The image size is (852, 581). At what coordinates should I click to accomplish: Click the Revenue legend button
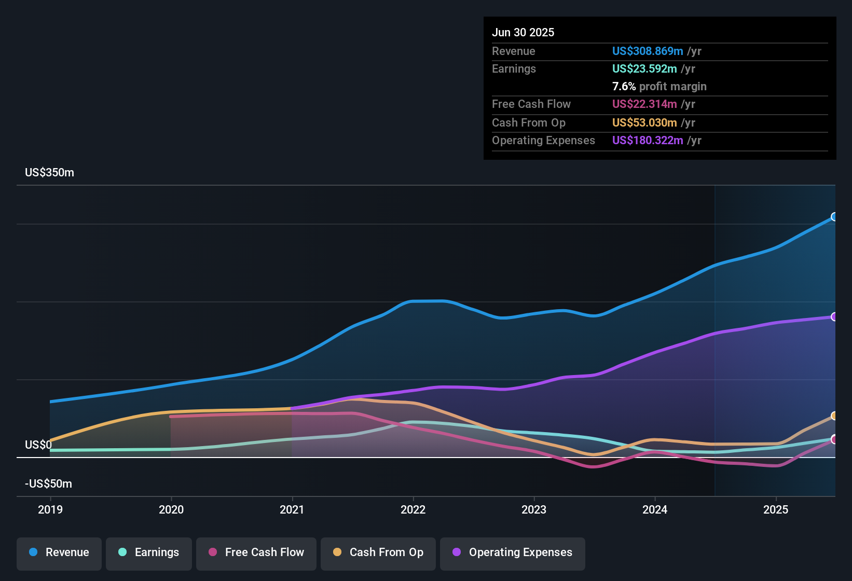(x=59, y=552)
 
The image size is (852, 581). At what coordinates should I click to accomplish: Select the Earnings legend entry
(x=149, y=552)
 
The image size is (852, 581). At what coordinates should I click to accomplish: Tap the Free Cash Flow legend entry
(x=256, y=552)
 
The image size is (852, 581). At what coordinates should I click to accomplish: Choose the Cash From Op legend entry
(x=378, y=552)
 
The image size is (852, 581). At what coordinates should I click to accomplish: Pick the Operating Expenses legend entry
(x=513, y=552)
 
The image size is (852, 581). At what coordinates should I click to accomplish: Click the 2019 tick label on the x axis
(x=50, y=509)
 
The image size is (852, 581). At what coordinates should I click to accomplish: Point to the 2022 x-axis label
(x=413, y=509)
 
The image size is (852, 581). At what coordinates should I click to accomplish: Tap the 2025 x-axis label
(x=776, y=509)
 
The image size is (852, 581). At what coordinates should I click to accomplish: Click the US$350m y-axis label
(x=49, y=173)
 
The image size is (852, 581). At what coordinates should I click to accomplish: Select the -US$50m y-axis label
(x=48, y=484)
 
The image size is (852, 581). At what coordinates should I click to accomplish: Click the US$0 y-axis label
(x=38, y=445)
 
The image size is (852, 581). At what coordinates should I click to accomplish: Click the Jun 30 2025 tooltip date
(x=523, y=33)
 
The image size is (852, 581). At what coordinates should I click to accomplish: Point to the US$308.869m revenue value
(x=647, y=51)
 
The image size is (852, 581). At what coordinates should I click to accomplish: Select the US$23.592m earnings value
(x=644, y=69)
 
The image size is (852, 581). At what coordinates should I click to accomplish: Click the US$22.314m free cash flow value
(x=644, y=104)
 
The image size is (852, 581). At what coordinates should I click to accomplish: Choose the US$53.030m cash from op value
(x=644, y=123)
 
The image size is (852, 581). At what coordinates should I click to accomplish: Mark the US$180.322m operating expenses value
(x=647, y=141)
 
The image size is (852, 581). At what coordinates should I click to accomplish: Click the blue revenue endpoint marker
(x=834, y=217)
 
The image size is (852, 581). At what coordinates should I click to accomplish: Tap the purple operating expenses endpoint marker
(x=834, y=317)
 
